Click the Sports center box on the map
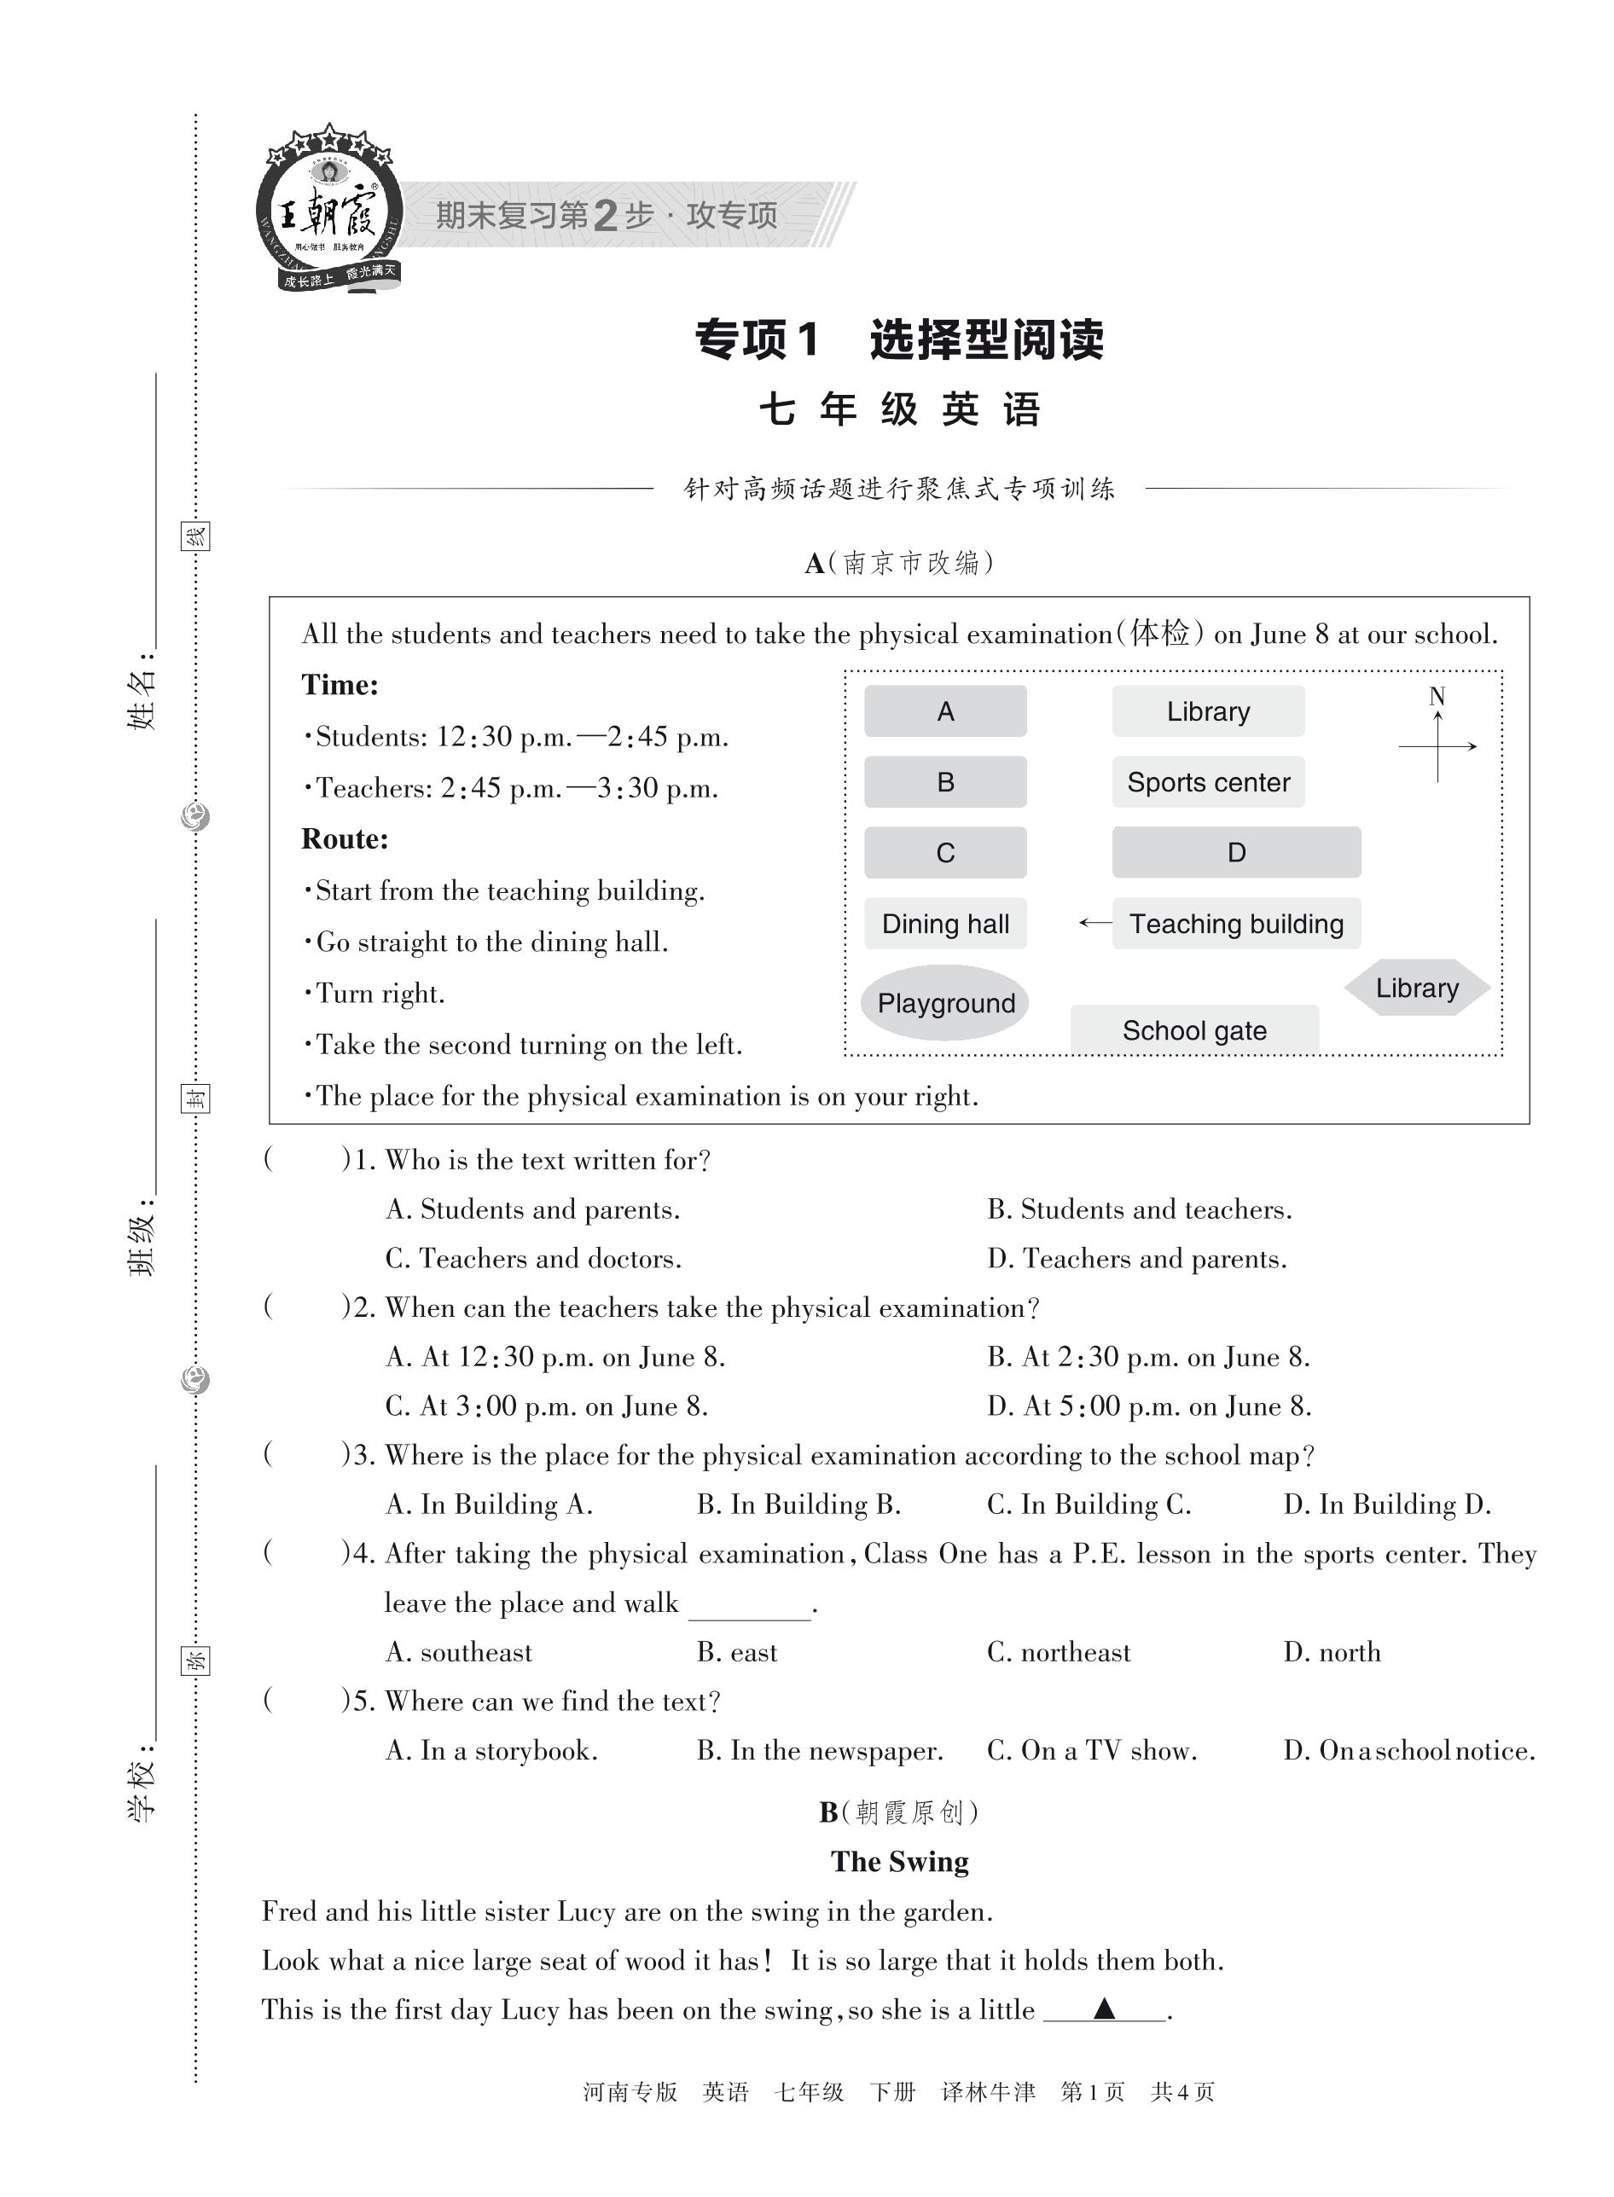click(x=1208, y=781)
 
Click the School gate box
click(x=1194, y=1029)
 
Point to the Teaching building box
click(x=1236, y=923)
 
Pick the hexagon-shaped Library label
click(x=1417, y=988)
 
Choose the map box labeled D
click(x=1236, y=852)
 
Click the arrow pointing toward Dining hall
click(x=1094, y=922)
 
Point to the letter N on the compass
click(x=1437, y=697)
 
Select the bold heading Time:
click(x=339, y=685)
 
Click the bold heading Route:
click(x=344, y=839)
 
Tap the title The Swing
click(x=899, y=1862)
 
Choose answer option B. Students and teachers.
click(x=1139, y=1209)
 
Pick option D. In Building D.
click(x=1386, y=1504)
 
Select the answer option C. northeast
click(x=1058, y=1652)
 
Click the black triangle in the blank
click(x=1104, y=2009)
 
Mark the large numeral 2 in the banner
click(x=606, y=215)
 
